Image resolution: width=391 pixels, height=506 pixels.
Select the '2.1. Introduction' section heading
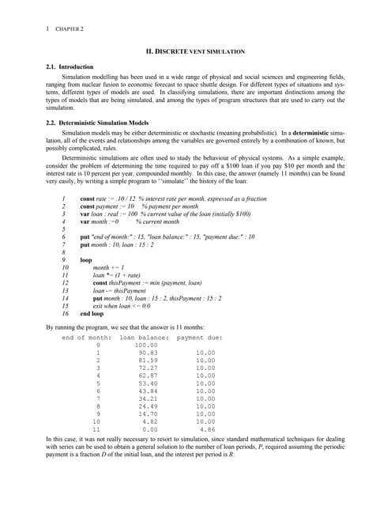pos(70,66)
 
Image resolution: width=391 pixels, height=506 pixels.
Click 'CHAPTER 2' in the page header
pos(69,28)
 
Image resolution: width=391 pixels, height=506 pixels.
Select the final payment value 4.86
pos(207,430)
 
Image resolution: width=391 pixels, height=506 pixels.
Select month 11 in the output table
pos(96,430)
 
